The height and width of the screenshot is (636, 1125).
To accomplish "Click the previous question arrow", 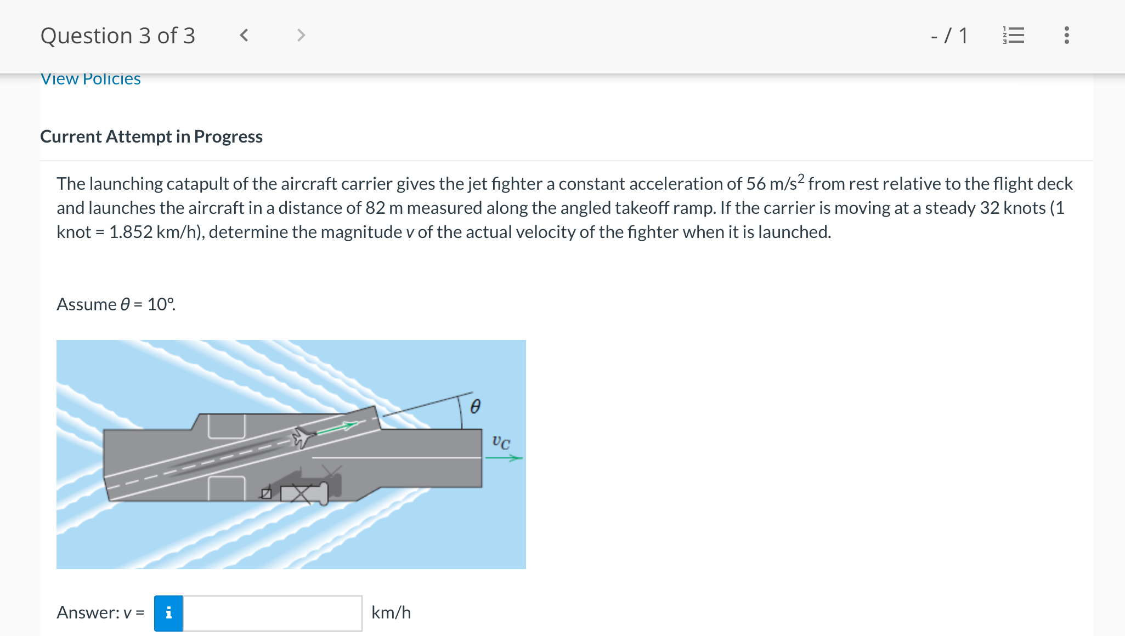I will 244,36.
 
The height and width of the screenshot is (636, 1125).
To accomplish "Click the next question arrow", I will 301,36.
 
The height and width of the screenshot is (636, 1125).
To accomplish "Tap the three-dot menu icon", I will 1066,36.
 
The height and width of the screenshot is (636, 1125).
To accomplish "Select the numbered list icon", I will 1013,36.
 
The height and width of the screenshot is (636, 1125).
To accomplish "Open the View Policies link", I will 91,79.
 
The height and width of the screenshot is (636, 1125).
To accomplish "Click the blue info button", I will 168,613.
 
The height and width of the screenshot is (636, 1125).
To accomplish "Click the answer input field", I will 272,613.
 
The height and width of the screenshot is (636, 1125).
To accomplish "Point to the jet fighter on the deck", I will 303,437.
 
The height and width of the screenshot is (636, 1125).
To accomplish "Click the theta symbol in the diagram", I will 476,406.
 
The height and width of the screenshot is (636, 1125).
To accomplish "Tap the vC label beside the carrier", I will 501,442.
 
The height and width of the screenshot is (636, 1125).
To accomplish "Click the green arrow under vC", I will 504,458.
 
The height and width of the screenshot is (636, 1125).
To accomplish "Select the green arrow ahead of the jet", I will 337,428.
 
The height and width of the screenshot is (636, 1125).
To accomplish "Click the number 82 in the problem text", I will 375,208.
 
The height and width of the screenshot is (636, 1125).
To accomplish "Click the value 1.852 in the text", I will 131,232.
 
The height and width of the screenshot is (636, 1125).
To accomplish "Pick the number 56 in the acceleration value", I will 755,184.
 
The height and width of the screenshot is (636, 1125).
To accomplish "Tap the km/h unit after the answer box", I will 391,612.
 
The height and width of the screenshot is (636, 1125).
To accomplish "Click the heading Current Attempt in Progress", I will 151,137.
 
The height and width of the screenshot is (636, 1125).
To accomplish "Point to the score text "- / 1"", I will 949,36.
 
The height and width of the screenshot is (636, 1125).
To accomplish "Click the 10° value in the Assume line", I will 160,304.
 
